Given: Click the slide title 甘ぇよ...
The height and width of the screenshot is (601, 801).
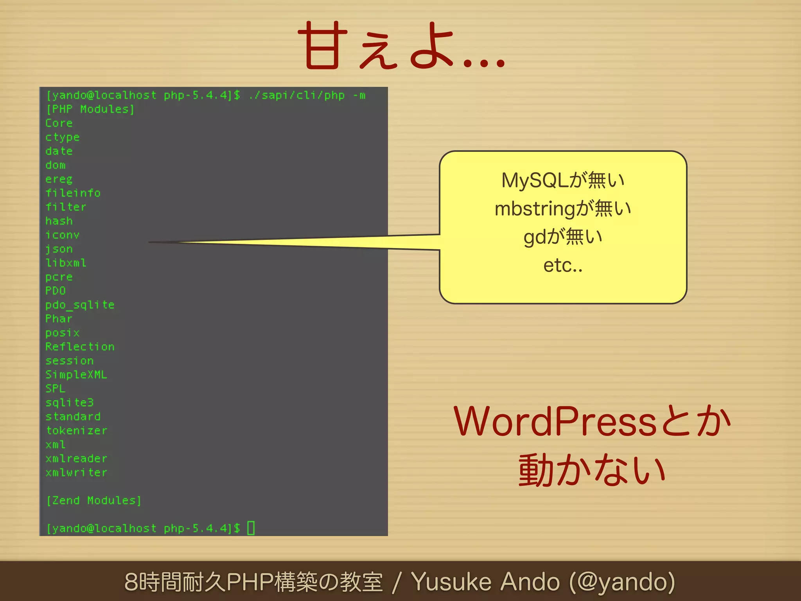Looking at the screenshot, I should (x=401, y=46).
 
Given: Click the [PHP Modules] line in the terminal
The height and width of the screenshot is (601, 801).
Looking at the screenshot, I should (x=90, y=109).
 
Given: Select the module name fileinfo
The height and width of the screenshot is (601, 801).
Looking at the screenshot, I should (x=73, y=193).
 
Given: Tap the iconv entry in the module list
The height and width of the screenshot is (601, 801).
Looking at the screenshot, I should (x=62, y=235).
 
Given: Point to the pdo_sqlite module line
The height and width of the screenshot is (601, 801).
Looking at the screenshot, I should (x=80, y=305).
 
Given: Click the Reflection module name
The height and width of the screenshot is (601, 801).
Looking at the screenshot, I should (x=80, y=347).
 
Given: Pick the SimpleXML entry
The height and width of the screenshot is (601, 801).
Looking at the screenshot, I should (x=76, y=374).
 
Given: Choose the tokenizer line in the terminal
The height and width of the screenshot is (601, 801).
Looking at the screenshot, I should (x=76, y=430).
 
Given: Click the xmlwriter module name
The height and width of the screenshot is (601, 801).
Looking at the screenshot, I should (x=76, y=473).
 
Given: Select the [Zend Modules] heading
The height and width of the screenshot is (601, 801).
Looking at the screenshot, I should (x=93, y=500).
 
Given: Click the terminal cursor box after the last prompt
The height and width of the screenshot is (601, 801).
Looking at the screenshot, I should (x=251, y=528).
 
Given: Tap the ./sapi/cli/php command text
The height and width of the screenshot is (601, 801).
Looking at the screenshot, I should (x=297, y=95).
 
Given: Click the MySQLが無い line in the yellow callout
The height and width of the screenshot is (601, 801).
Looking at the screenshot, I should (x=563, y=180).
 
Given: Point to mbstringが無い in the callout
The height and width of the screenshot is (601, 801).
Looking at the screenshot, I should (x=563, y=209).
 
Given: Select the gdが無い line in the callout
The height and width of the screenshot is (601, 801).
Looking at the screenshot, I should (x=563, y=237).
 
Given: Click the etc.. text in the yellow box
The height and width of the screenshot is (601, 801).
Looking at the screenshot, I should (x=563, y=265).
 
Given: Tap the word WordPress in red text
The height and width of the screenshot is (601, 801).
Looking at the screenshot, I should (x=555, y=422).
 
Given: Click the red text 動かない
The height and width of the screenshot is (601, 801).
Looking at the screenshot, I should (x=592, y=470).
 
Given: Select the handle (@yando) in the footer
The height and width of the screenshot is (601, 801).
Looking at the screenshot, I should (x=622, y=582).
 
